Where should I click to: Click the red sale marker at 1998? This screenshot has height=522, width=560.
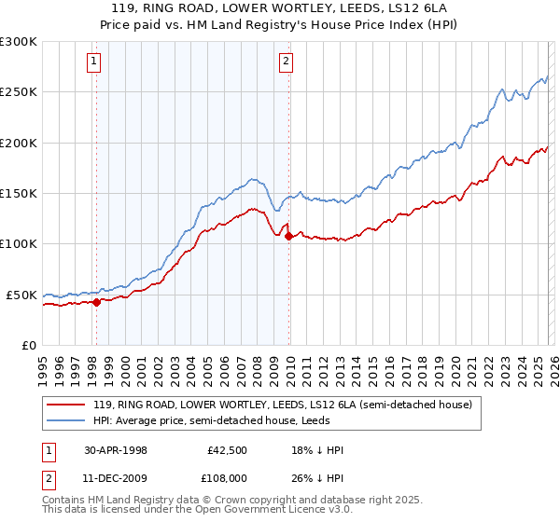click(x=96, y=301)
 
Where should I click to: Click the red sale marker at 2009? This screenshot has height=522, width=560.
click(x=288, y=236)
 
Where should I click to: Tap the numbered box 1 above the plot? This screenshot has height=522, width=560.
click(x=95, y=62)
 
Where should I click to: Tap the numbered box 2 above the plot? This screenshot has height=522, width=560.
click(x=285, y=62)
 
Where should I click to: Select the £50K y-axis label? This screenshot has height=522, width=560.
click(x=22, y=295)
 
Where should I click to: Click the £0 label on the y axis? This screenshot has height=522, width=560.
click(x=29, y=345)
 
